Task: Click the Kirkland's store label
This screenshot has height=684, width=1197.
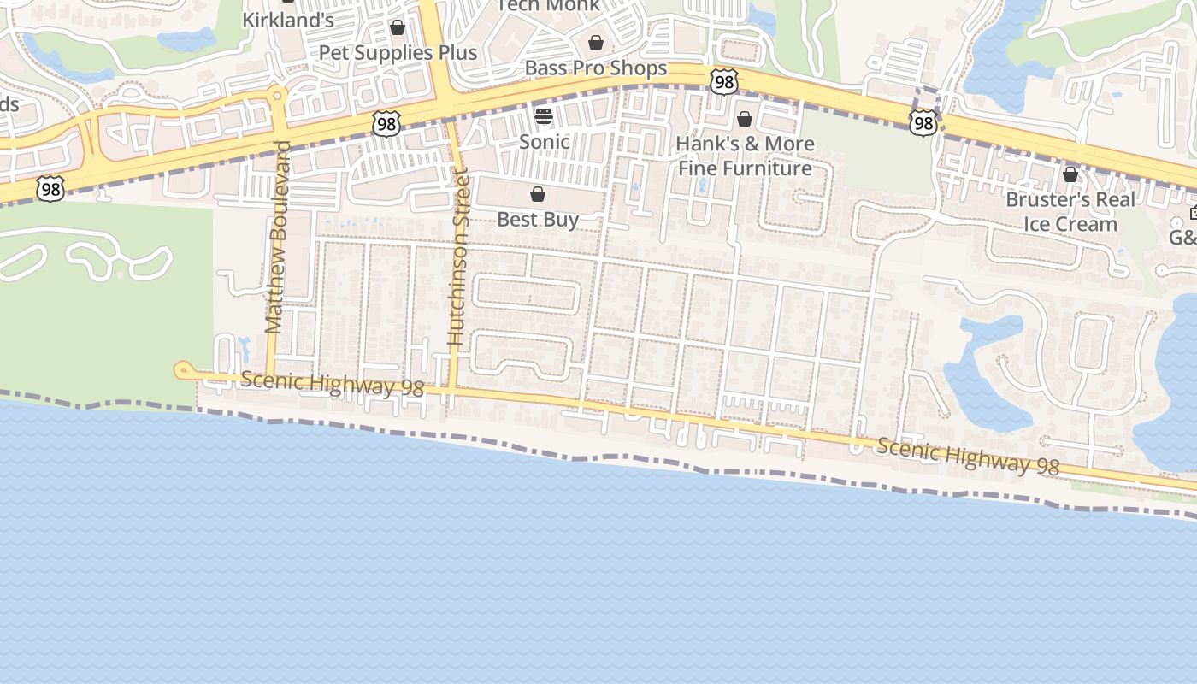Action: [288, 20]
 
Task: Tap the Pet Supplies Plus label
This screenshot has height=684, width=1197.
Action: [398, 52]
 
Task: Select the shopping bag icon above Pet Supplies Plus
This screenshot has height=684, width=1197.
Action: [398, 28]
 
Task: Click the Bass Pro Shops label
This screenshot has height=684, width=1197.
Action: [596, 68]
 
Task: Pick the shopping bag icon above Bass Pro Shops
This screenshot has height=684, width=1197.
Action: [596, 43]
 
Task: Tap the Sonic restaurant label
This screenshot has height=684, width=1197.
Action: [545, 141]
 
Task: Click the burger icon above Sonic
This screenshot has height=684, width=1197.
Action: [544, 116]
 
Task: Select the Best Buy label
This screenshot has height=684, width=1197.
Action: [538, 220]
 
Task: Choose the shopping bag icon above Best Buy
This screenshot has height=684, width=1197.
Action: [538, 195]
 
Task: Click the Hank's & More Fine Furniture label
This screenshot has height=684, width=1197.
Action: [745, 156]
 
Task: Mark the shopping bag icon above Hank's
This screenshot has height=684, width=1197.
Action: [745, 119]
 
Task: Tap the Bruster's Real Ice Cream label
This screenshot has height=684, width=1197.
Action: [1070, 211]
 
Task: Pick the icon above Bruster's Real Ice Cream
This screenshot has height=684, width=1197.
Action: [1070, 175]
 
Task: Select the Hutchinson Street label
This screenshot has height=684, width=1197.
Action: [459, 257]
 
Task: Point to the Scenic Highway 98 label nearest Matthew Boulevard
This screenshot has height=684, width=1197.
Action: [332, 384]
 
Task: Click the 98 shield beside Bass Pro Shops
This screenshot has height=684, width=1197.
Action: [723, 82]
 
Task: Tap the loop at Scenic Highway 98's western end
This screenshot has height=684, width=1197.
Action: [182, 370]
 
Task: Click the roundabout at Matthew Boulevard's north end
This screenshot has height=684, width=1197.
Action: [276, 93]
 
